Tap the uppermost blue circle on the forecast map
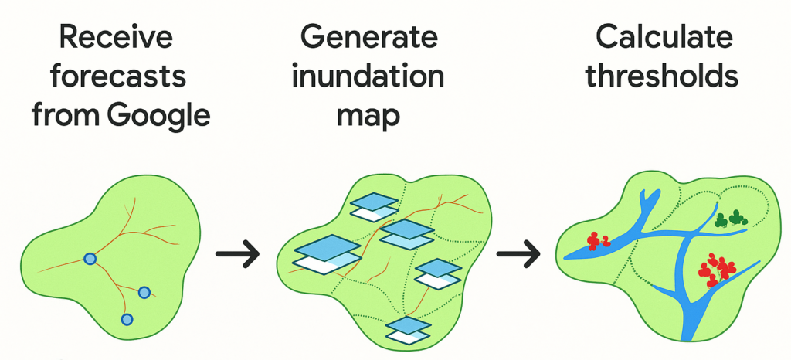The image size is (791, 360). tap(90, 260)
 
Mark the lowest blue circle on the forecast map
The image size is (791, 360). tap(127, 318)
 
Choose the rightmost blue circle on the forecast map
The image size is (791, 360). tap(144, 292)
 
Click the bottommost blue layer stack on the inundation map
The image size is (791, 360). tap(409, 329)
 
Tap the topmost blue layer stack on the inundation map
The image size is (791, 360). tap(375, 203)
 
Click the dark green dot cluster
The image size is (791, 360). tap(732, 219)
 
